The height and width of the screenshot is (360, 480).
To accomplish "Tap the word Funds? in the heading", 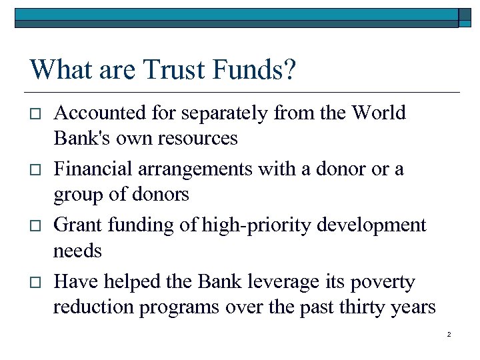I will (x=257, y=69).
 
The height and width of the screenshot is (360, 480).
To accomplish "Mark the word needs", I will (x=77, y=251).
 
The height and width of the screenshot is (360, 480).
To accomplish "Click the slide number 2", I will (x=449, y=334).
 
